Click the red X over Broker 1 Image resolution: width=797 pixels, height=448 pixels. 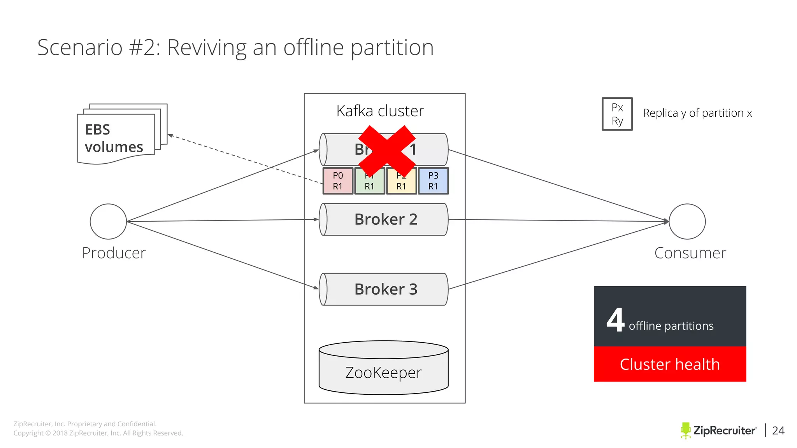click(387, 151)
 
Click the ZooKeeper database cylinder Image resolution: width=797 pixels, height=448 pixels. click(383, 369)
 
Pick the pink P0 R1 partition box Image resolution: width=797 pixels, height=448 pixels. click(338, 181)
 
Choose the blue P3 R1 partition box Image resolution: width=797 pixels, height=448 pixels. click(433, 181)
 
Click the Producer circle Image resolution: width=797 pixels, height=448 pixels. click(108, 221)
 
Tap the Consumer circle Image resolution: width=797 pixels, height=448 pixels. click(687, 221)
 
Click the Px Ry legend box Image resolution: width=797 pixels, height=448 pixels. click(617, 114)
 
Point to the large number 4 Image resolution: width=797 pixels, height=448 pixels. click(615, 320)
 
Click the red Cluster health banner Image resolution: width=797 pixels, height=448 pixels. click(670, 364)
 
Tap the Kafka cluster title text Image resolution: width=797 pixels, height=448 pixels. click(380, 111)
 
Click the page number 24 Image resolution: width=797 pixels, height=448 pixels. click(778, 430)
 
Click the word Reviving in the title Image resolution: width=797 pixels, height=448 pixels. click(207, 48)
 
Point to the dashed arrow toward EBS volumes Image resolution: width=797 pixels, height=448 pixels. click(245, 159)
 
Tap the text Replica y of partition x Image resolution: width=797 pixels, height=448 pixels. click(697, 113)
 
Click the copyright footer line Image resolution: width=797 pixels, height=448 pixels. click(98, 433)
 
